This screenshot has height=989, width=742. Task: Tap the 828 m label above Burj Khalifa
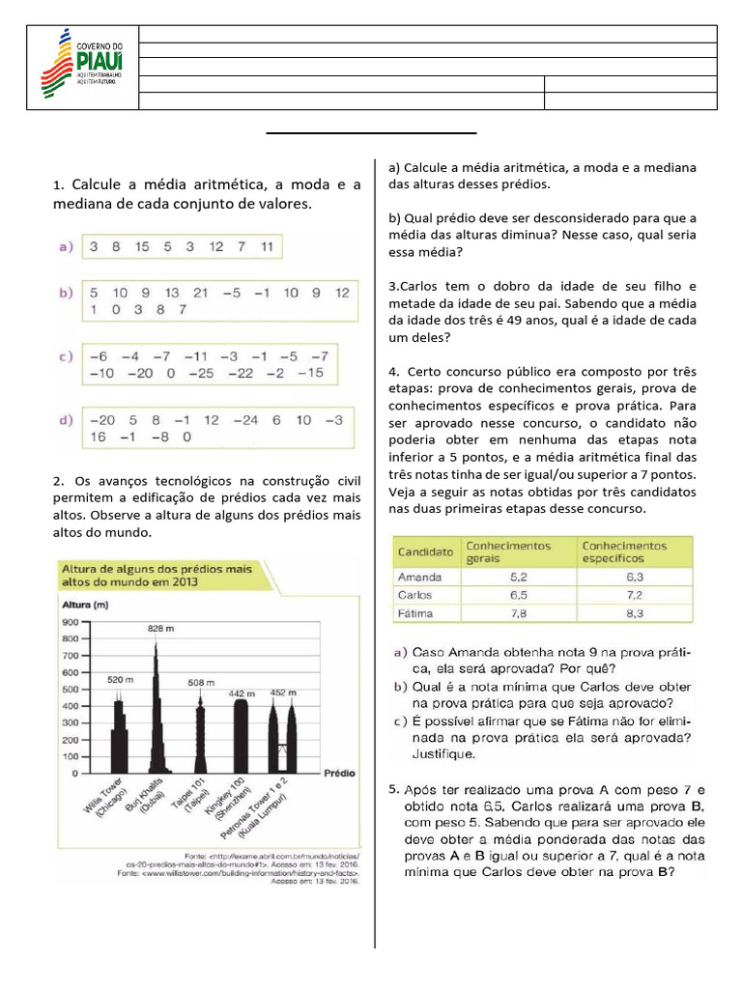coord(159,628)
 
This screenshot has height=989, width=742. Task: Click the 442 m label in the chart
coord(240,693)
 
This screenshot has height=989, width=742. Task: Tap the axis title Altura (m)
coord(84,605)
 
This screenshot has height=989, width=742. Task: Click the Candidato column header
coord(425,552)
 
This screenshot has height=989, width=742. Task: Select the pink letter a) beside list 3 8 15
coord(67,247)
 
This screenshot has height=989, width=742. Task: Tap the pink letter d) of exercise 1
coord(67,421)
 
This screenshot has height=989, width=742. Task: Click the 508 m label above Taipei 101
coord(201,682)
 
